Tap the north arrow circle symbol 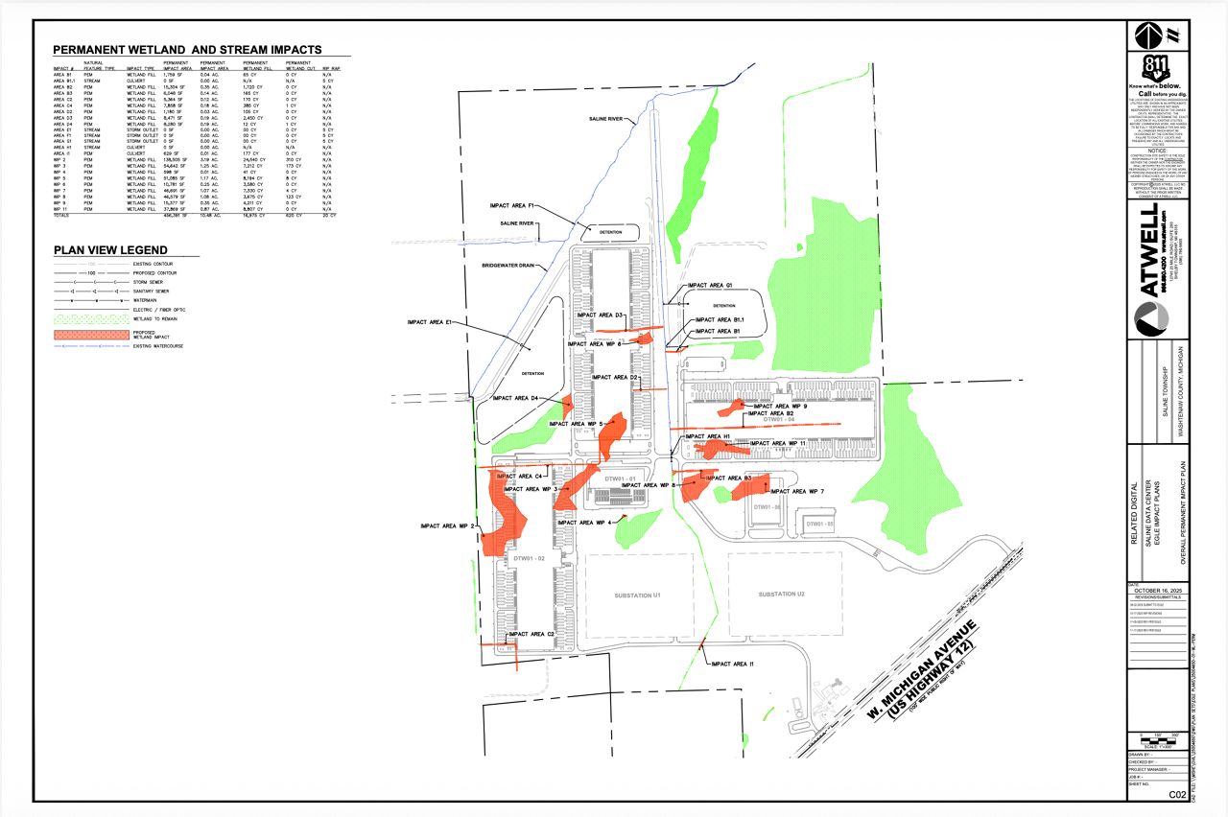tap(1145, 35)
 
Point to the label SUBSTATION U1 tap(638, 595)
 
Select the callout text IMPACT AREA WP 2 tap(447, 525)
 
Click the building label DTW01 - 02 tap(529, 558)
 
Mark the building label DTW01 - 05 tap(820, 525)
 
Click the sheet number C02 tap(1176, 795)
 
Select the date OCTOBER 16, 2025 tap(1160, 591)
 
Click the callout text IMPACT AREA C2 tap(532, 635)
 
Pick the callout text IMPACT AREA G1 tap(710, 286)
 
